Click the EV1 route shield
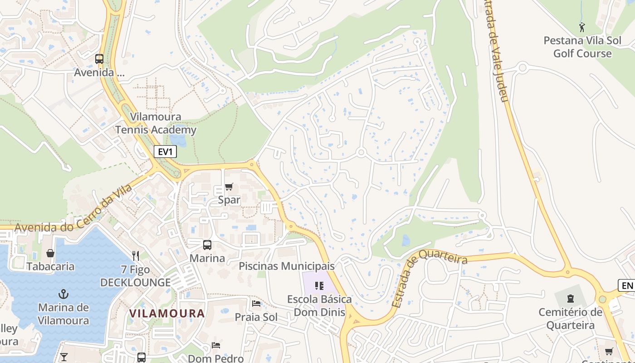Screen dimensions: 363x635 pyautogui.click(x=165, y=152)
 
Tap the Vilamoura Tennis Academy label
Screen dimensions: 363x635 pyautogui.click(x=156, y=123)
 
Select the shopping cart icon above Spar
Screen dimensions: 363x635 pyautogui.click(x=229, y=187)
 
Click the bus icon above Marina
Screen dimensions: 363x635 pyautogui.click(x=207, y=245)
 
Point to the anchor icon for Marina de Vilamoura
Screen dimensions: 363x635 pyautogui.click(x=63, y=294)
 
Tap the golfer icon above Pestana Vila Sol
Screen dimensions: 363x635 pyautogui.click(x=582, y=27)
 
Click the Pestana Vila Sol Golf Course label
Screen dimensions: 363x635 pyautogui.click(x=582, y=47)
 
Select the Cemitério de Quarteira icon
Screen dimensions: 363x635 pyautogui.click(x=570, y=299)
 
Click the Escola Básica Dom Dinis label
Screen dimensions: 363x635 pyautogui.click(x=319, y=306)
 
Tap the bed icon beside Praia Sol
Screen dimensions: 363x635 pyautogui.click(x=256, y=304)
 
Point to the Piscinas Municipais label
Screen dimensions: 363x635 pyautogui.click(x=287, y=266)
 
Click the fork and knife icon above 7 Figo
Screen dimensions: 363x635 pyautogui.click(x=135, y=256)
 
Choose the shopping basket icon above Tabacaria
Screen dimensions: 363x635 pyautogui.click(x=50, y=253)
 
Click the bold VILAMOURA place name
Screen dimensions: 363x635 pyautogui.click(x=167, y=314)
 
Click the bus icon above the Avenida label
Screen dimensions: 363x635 pyautogui.click(x=99, y=59)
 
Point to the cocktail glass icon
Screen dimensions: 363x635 pyautogui.click(x=64, y=357)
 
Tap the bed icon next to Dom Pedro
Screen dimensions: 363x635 pyautogui.click(x=216, y=345)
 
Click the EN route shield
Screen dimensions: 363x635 pyautogui.click(x=626, y=285)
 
